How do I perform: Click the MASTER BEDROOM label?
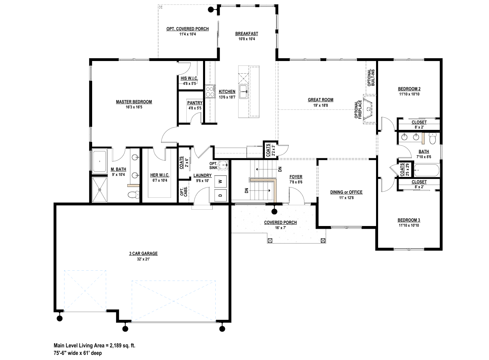click(134, 102)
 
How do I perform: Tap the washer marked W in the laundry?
click(220, 181)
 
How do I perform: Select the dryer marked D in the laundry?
click(220, 195)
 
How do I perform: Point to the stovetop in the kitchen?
click(210, 92)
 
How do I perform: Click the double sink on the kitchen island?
click(243, 92)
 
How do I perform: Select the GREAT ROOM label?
click(320, 100)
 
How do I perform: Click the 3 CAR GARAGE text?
click(143, 254)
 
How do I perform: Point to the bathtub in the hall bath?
click(427, 170)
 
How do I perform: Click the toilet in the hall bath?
click(432, 139)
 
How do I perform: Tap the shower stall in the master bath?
click(100, 190)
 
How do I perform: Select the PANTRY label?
click(195, 103)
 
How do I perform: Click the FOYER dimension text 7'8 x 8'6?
click(296, 182)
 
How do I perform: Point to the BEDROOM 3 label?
click(409, 220)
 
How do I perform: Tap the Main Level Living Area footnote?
click(95, 345)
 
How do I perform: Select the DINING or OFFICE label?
click(346, 192)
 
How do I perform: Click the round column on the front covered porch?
click(274, 211)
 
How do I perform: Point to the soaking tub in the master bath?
click(100, 161)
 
